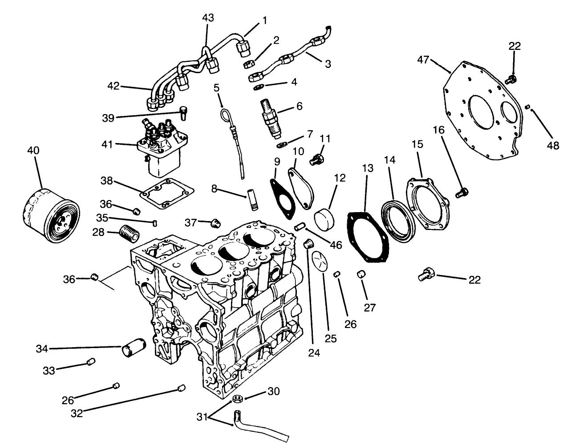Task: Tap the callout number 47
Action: [424, 59]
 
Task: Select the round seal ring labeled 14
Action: [399, 221]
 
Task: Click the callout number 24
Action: [314, 353]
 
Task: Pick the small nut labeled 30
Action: [237, 398]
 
